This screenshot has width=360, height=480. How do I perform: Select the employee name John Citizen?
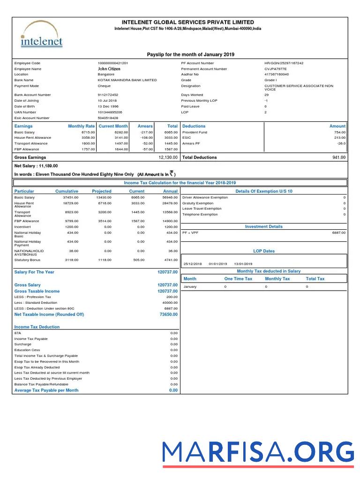pos(109,69)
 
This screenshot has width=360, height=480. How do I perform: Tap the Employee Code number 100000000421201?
pos(113,63)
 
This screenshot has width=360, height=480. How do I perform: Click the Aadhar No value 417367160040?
pos(277,75)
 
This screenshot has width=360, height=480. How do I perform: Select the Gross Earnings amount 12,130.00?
pos(168,157)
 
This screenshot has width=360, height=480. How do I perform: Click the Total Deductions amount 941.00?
pos(339,157)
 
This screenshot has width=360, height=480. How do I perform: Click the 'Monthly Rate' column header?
pos(81,126)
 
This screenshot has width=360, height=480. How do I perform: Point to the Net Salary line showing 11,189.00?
pos(36,166)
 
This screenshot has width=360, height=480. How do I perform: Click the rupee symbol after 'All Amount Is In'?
pos(172,173)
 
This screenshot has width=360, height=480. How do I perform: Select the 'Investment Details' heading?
pos(264,227)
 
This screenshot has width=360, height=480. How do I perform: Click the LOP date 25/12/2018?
pos(192,263)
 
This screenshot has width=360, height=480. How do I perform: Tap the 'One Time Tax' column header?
pos(238,279)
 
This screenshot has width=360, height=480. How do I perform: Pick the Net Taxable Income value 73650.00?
pos(168,315)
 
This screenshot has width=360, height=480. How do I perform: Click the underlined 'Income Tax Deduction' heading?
pos(37,327)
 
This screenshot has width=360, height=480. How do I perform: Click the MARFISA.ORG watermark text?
pos(258,452)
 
